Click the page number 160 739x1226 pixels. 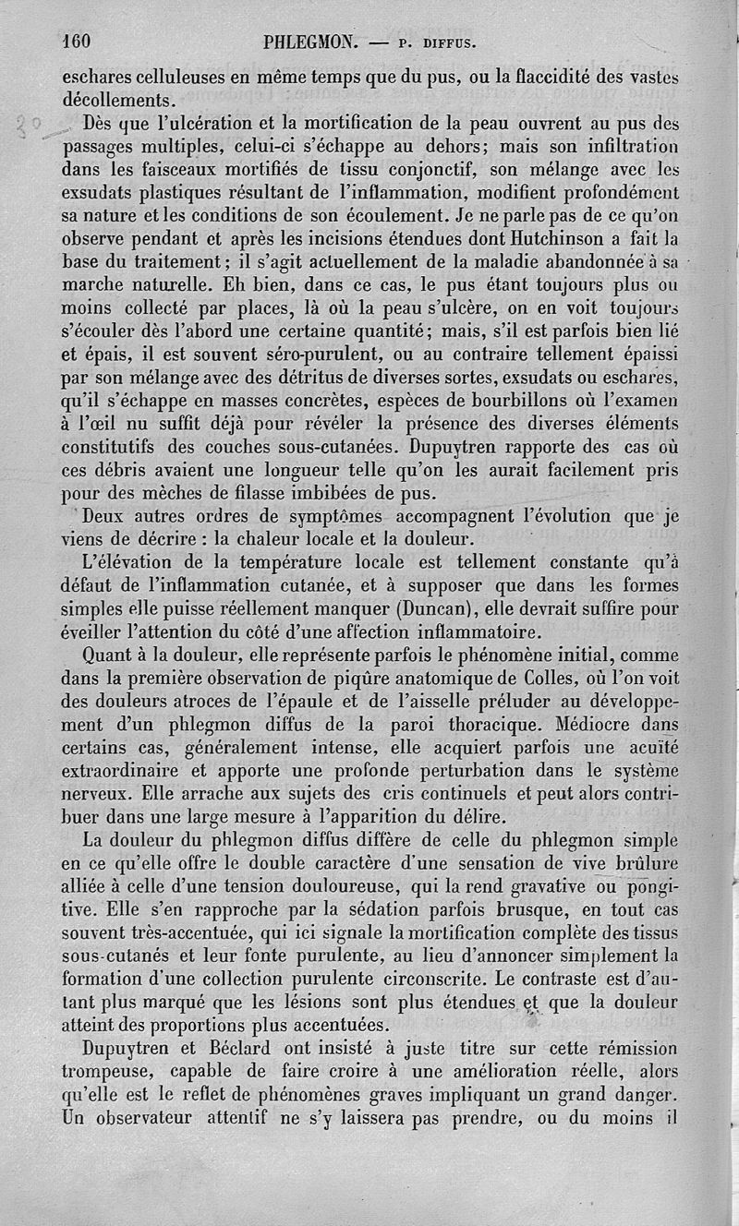point(80,41)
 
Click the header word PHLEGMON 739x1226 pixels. point(309,42)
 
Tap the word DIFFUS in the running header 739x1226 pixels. point(445,42)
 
